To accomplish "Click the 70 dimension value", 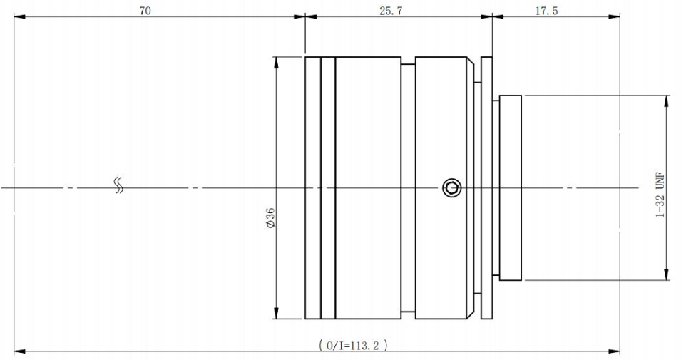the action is tap(145, 11).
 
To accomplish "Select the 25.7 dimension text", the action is tap(391, 11).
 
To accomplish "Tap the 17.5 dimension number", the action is tap(546, 11).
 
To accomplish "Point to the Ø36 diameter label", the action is tap(270, 217).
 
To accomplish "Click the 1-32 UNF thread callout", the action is tap(660, 195).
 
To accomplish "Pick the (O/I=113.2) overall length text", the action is tap(353, 346).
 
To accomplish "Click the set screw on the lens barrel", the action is tap(451, 188).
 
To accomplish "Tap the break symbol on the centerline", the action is tap(118, 185).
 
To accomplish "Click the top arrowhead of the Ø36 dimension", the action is tap(276, 62).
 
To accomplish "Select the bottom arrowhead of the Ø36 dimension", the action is tap(276, 313).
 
